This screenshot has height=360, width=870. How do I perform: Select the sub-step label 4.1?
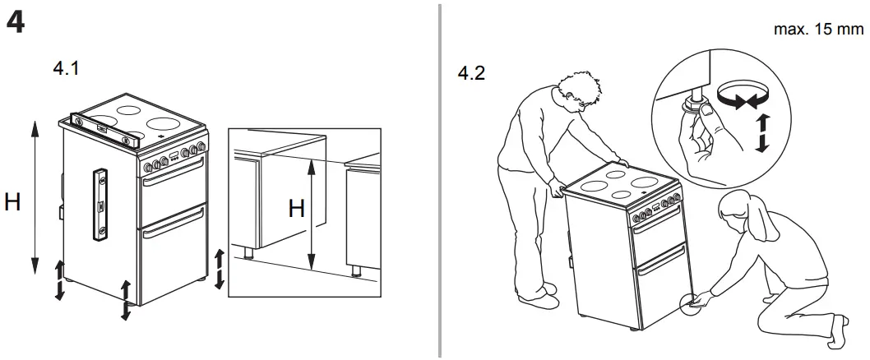point(66,70)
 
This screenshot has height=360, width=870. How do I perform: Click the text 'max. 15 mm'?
point(819,30)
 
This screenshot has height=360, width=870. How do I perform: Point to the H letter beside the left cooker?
point(12,201)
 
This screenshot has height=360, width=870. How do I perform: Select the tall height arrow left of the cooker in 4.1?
point(35,196)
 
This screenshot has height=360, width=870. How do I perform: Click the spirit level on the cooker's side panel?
point(102,205)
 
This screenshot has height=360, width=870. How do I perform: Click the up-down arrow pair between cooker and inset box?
point(218,269)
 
